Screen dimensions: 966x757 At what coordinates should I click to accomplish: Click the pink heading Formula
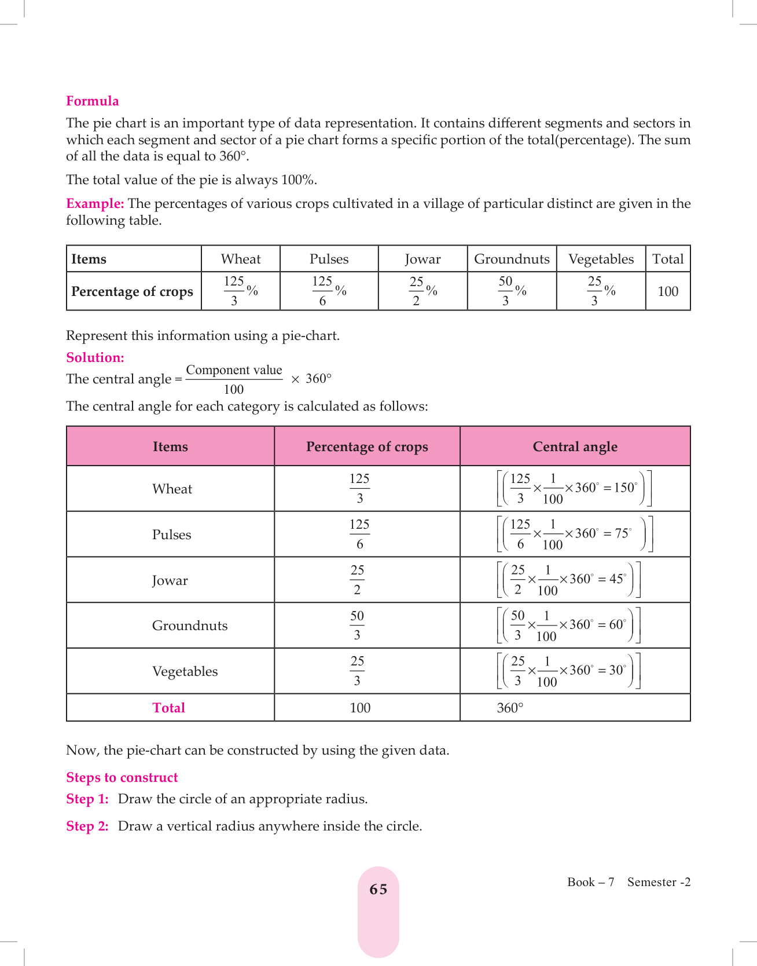click(93, 101)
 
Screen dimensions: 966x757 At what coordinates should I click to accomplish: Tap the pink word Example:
click(95, 204)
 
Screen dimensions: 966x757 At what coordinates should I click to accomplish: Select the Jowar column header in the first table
click(422, 259)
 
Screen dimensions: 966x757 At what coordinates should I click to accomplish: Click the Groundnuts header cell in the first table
click(512, 259)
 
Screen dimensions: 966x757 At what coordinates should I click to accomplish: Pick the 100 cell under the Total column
click(668, 291)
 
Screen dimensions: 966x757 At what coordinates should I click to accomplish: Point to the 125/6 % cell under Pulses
click(329, 291)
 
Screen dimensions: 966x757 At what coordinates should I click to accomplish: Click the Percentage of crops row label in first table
click(132, 291)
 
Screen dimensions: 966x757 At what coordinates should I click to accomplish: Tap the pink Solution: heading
click(95, 358)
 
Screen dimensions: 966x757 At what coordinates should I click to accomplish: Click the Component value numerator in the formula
click(234, 370)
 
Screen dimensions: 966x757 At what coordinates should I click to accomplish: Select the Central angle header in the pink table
click(575, 447)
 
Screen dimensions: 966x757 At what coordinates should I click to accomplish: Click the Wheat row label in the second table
click(172, 489)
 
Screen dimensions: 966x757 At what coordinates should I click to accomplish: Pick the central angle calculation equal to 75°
click(575, 534)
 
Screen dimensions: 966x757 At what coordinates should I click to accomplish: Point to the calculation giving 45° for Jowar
click(568, 580)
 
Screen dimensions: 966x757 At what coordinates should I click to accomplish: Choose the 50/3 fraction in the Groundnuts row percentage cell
click(357, 625)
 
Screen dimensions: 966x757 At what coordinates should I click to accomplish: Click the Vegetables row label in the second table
click(185, 671)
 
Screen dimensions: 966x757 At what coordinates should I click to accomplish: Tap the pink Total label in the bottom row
click(168, 708)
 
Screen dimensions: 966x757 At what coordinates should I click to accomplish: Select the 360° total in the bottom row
click(510, 708)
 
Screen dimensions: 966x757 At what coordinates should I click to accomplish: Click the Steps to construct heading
click(122, 778)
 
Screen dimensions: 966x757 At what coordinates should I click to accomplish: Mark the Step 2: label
click(87, 826)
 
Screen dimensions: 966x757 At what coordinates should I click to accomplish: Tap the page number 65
click(378, 890)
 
